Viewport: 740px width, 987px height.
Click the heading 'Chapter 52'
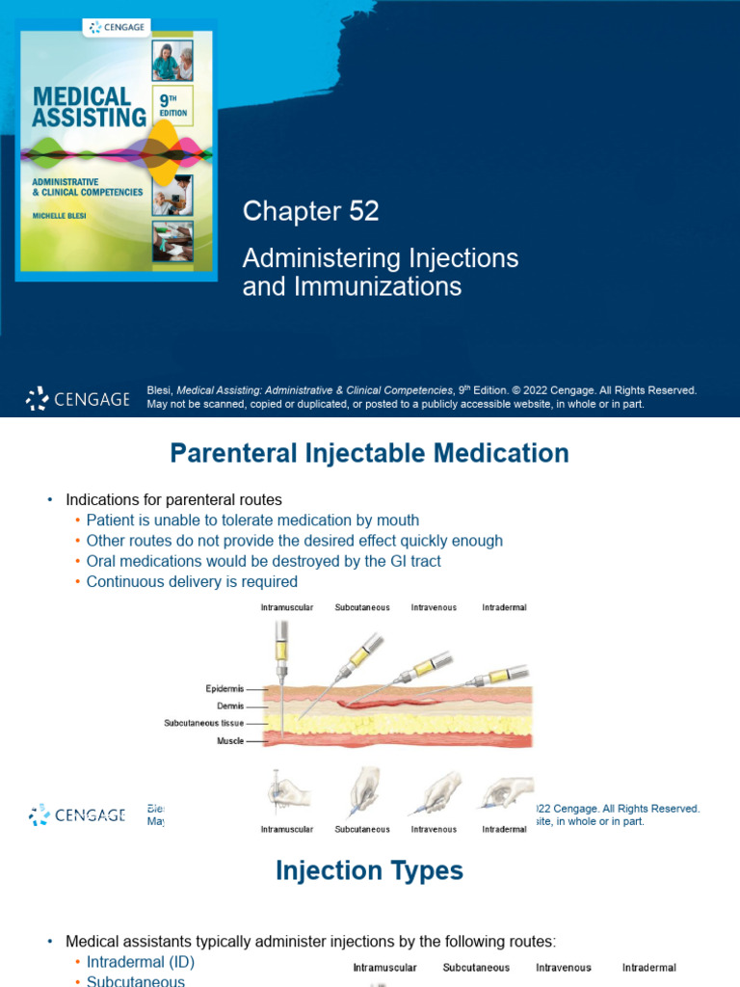pyautogui.click(x=310, y=211)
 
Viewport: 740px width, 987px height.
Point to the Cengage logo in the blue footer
pyautogui.click(x=77, y=398)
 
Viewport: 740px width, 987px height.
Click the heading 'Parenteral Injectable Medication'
pyautogui.click(x=369, y=453)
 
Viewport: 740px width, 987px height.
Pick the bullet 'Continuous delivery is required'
pyautogui.click(x=192, y=581)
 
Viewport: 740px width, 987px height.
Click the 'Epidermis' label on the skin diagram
pyautogui.click(x=224, y=688)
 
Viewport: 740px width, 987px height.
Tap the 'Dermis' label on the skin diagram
pyautogui.click(x=229, y=706)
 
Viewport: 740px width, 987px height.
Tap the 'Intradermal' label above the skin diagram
pyautogui.click(x=504, y=608)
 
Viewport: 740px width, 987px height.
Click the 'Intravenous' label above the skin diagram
pyautogui.click(x=434, y=608)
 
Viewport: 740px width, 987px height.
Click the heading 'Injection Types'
pyautogui.click(x=369, y=870)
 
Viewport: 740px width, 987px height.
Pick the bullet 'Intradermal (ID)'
pyautogui.click(x=140, y=962)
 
